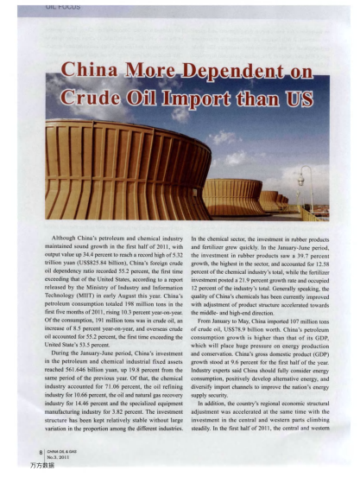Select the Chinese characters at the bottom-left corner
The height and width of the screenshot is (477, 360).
39,465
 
